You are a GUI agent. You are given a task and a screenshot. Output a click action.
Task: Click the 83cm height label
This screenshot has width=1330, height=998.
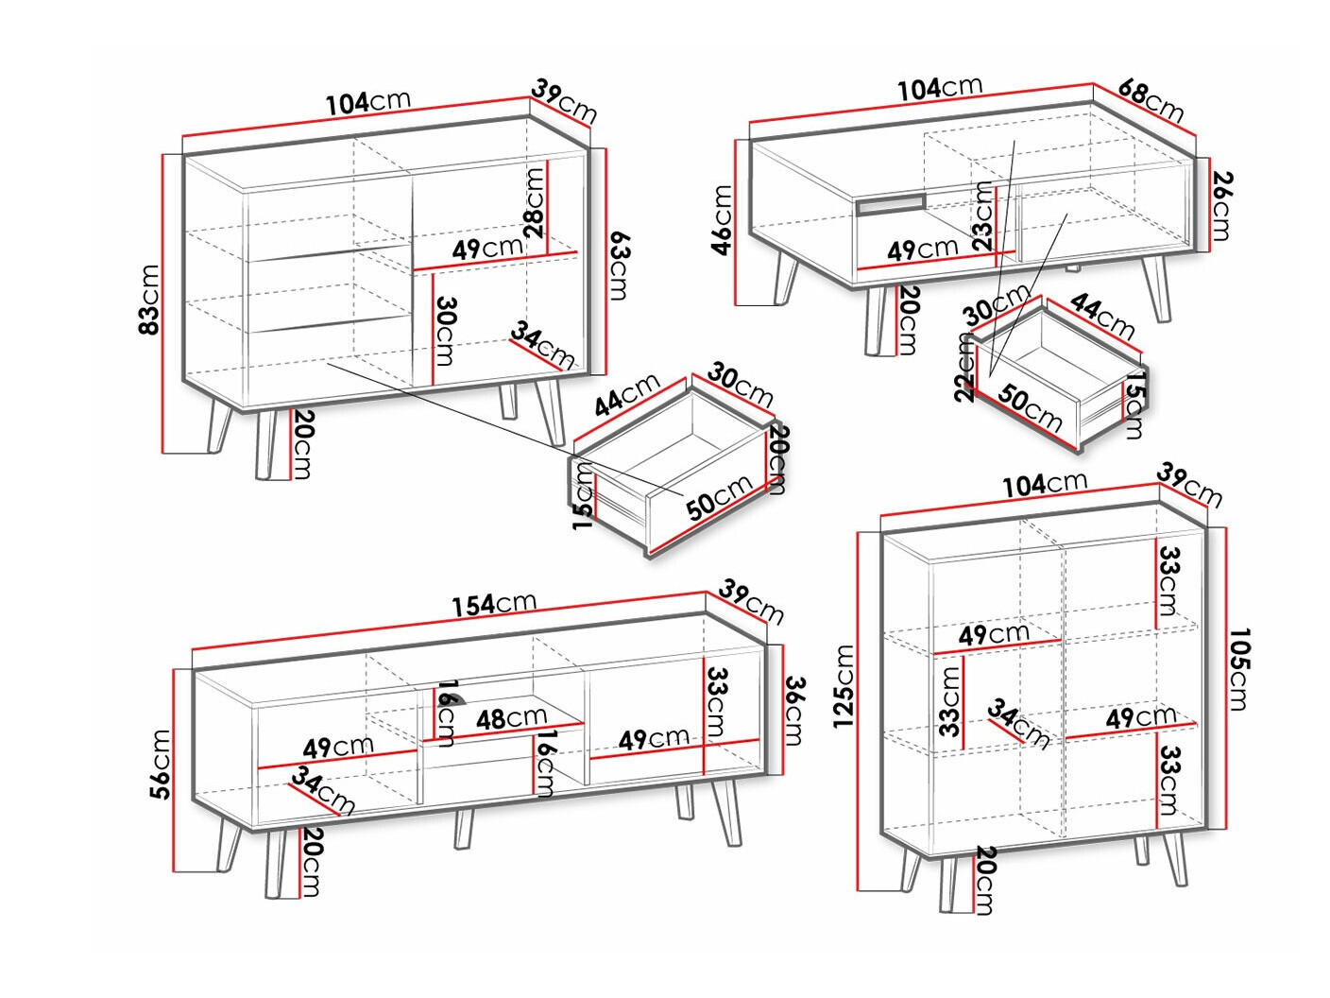click(x=149, y=300)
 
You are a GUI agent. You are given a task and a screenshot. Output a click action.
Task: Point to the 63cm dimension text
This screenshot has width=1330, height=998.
click(x=618, y=266)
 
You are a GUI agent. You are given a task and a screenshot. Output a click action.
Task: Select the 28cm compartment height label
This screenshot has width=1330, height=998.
click(x=534, y=203)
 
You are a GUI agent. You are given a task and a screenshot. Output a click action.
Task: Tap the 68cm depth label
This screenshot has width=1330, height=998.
click(x=1150, y=100)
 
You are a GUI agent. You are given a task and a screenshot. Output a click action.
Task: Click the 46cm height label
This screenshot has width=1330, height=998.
click(x=723, y=220)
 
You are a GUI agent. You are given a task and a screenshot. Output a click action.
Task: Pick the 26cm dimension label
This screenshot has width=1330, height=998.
click(x=1221, y=205)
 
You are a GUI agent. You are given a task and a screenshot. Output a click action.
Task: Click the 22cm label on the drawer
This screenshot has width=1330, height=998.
click(x=964, y=368)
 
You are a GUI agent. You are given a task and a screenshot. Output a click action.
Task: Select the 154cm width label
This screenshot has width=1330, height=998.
click(x=494, y=604)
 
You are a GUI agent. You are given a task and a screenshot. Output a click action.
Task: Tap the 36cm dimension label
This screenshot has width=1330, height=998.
click(x=794, y=711)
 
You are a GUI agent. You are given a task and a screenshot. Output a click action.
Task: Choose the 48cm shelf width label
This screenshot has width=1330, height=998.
click(x=511, y=718)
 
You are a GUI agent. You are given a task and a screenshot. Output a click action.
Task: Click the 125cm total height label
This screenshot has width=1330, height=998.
click(x=843, y=685)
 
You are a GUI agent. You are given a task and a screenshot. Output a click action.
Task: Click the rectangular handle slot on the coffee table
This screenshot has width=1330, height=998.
click(x=891, y=204)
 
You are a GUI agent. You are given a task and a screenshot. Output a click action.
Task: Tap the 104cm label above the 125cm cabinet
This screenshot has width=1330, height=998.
click(x=1044, y=484)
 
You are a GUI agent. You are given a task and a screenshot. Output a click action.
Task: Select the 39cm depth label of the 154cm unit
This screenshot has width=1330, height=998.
click(x=751, y=602)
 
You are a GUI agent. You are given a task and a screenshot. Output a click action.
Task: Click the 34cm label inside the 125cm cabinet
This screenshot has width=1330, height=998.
click(x=1018, y=725)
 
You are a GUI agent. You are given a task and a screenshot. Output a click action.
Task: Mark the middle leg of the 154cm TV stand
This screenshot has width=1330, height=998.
click(x=464, y=828)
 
